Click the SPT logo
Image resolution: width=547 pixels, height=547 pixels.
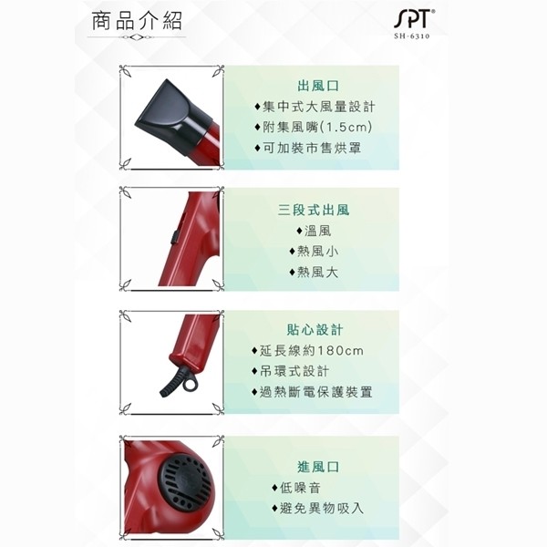[x=415, y=19]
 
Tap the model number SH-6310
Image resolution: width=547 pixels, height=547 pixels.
[x=412, y=36]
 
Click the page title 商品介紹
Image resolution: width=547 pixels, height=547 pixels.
[x=137, y=21]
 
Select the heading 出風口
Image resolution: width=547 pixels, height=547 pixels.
[x=318, y=86]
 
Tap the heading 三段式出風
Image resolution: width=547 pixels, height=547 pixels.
[x=314, y=210]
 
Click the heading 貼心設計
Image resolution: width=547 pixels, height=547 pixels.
[x=315, y=330]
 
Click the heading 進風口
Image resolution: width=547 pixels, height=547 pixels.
[x=318, y=467]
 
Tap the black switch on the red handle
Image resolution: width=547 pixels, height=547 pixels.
[x=174, y=236]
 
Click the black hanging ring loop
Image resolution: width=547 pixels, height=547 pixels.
[x=190, y=384]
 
